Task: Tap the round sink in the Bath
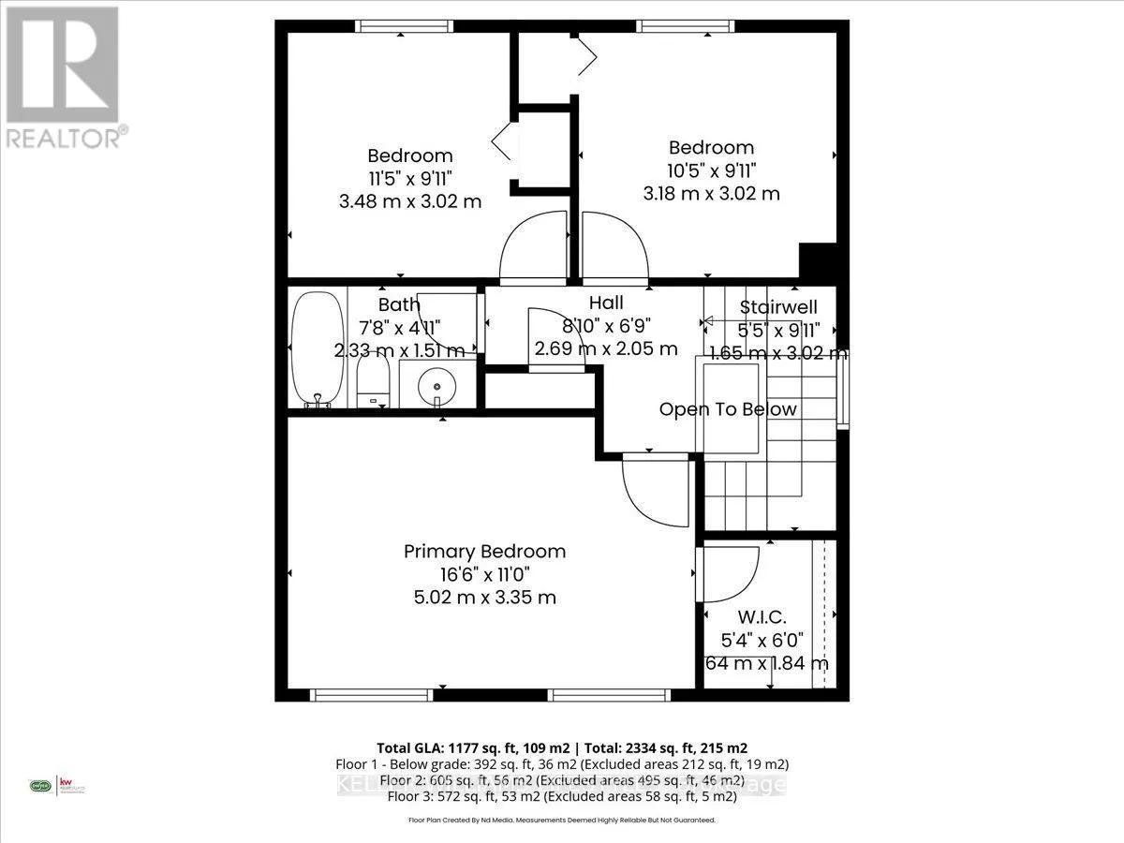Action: pos(435,385)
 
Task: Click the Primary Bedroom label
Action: pos(484,552)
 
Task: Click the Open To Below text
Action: pos(728,409)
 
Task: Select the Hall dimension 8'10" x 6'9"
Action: pos(606,326)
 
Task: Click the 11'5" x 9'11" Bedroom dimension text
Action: pos(410,178)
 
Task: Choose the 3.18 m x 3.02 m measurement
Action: pos(711,193)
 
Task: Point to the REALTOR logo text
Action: pos(66,138)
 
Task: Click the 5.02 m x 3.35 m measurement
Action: pos(484,597)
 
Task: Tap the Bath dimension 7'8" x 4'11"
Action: pos(401,328)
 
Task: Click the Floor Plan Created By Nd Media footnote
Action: pos(562,820)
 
